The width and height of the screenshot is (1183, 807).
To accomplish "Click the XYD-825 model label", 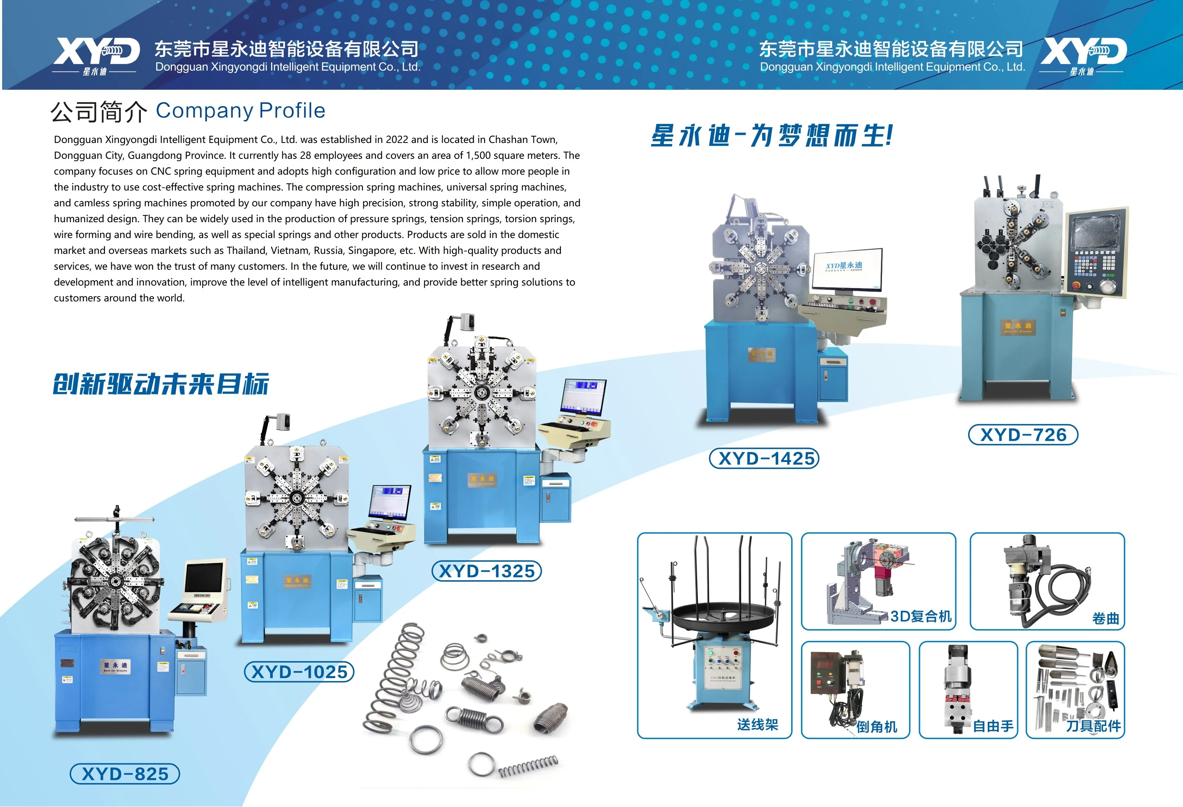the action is point(125,774).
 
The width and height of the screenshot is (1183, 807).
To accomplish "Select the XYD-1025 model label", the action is point(299,672).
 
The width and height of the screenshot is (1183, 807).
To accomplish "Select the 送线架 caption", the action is point(757,725).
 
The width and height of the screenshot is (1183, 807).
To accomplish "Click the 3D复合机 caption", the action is point(921,617).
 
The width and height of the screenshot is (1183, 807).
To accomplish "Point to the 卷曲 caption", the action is point(1106,619).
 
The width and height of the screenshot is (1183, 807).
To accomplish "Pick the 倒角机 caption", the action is point(877,727).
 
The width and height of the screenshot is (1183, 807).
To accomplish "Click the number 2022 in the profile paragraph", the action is point(397,139).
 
